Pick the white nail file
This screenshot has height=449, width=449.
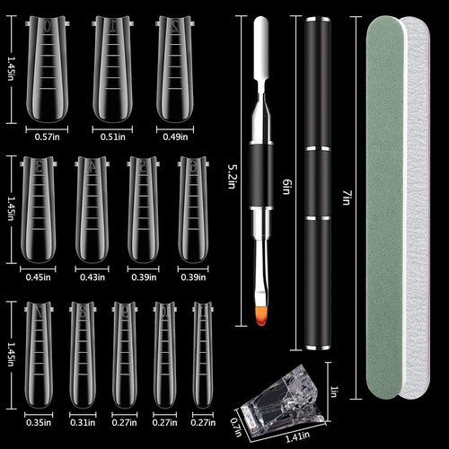[x=418, y=207]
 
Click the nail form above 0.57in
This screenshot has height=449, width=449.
[x=43, y=67]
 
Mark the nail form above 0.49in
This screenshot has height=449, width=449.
[x=175, y=67]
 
